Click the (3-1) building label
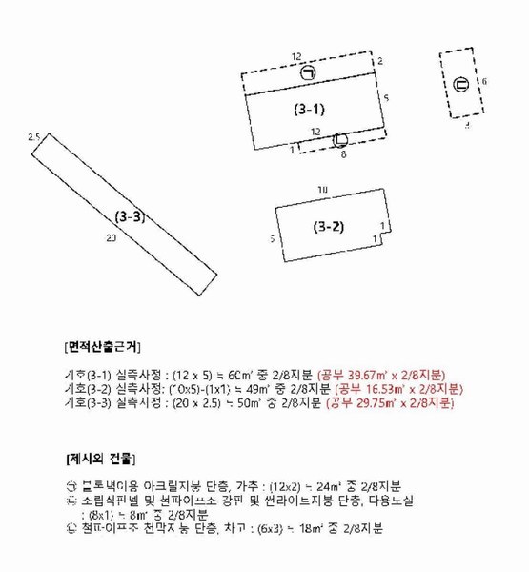click(309, 110)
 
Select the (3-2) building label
click(328, 227)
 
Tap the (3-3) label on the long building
click(130, 216)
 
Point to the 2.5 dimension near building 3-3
click(34, 138)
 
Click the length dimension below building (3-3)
click(112, 238)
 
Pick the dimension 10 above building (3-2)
click(323, 191)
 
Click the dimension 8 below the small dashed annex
click(343, 153)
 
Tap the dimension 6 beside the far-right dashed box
click(484, 82)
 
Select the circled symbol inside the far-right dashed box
click(460, 85)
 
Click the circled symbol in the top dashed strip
click(308, 72)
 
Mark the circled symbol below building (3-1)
click(340, 139)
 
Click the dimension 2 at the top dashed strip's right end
click(379, 61)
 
